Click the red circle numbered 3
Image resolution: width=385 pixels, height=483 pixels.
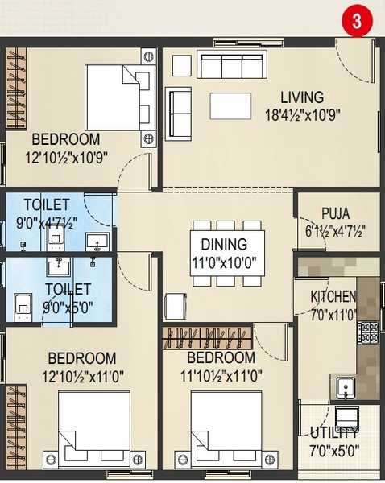[x=357, y=21]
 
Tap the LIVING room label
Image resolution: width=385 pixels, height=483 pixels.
[x=302, y=97]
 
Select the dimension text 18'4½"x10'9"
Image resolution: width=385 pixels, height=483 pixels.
[x=302, y=115]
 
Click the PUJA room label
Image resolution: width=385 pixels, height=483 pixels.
[x=336, y=213]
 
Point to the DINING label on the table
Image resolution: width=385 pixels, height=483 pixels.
[x=224, y=244]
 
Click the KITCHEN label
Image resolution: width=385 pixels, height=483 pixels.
[x=333, y=296]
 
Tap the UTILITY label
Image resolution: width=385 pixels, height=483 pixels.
[x=334, y=433]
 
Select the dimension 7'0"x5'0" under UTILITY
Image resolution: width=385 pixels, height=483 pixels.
[x=334, y=451]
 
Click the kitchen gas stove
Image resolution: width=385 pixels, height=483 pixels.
[x=368, y=332]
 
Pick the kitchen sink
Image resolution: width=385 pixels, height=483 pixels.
[x=346, y=386]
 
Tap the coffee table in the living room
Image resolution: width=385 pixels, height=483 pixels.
[x=230, y=106]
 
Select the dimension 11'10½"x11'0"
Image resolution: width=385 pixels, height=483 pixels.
[x=221, y=376]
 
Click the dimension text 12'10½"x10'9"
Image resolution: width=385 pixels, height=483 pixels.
[x=66, y=158]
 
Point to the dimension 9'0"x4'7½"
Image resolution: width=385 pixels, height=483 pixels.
[x=47, y=223]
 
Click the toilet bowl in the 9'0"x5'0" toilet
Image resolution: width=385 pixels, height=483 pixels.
[x=23, y=308]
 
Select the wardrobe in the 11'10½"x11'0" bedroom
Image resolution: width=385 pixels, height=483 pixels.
[x=207, y=338]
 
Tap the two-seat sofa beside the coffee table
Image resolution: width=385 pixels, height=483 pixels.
[x=178, y=114]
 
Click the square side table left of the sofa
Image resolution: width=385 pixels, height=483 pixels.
[x=182, y=66]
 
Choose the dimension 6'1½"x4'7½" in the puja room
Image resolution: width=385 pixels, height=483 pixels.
[x=335, y=231]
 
